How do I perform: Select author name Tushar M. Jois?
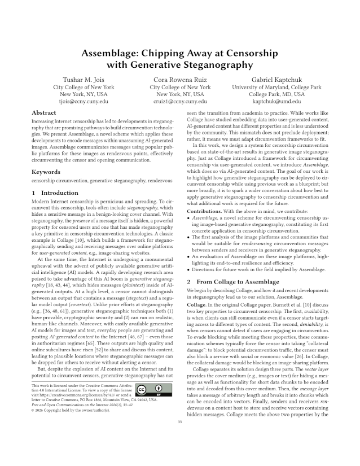(84, 80)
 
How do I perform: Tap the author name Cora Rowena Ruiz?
(179, 80)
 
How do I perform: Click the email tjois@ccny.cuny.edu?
(84, 102)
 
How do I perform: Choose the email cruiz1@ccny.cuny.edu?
(179, 102)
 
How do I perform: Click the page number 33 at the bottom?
(179, 453)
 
